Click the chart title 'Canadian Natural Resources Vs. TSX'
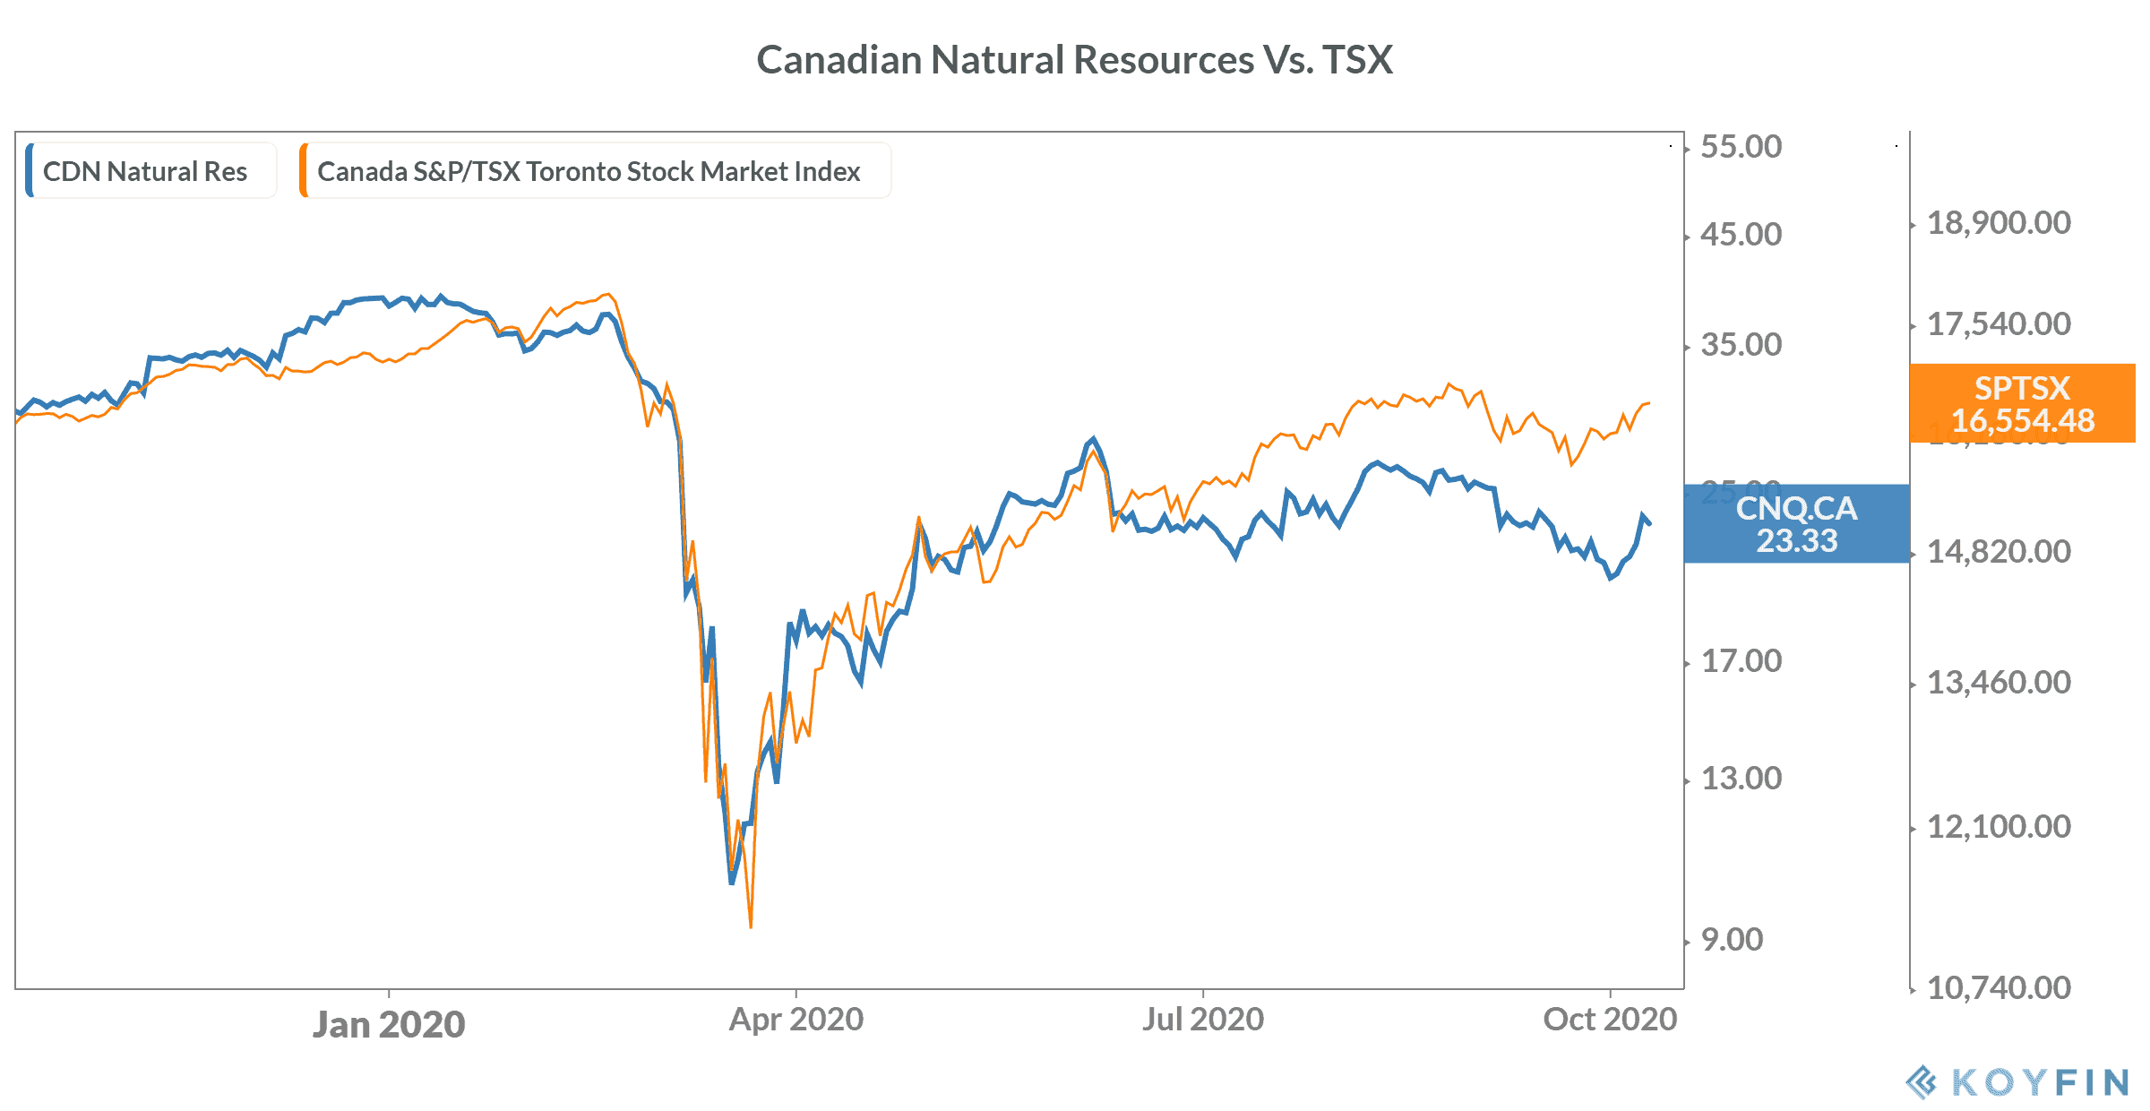[1074, 60]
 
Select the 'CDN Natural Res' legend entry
[145, 171]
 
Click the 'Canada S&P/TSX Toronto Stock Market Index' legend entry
[589, 171]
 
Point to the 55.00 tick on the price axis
[1741, 147]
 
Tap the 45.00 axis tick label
[1741, 235]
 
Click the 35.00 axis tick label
[1741, 345]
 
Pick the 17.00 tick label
[1741, 661]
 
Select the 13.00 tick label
[1741, 779]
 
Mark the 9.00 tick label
[1732, 940]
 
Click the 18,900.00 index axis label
[1999, 223]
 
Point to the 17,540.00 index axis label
[1999, 324]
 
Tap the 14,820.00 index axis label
[1999, 552]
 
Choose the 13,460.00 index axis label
[1999, 683]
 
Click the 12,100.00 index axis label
[1999, 827]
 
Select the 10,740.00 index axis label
[1999, 988]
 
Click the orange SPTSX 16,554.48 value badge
[2022, 403]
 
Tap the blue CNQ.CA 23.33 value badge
[1796, 524]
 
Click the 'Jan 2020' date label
[389, 1024]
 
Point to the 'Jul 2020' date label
[1202, 1020]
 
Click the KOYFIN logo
[2017, 1082]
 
